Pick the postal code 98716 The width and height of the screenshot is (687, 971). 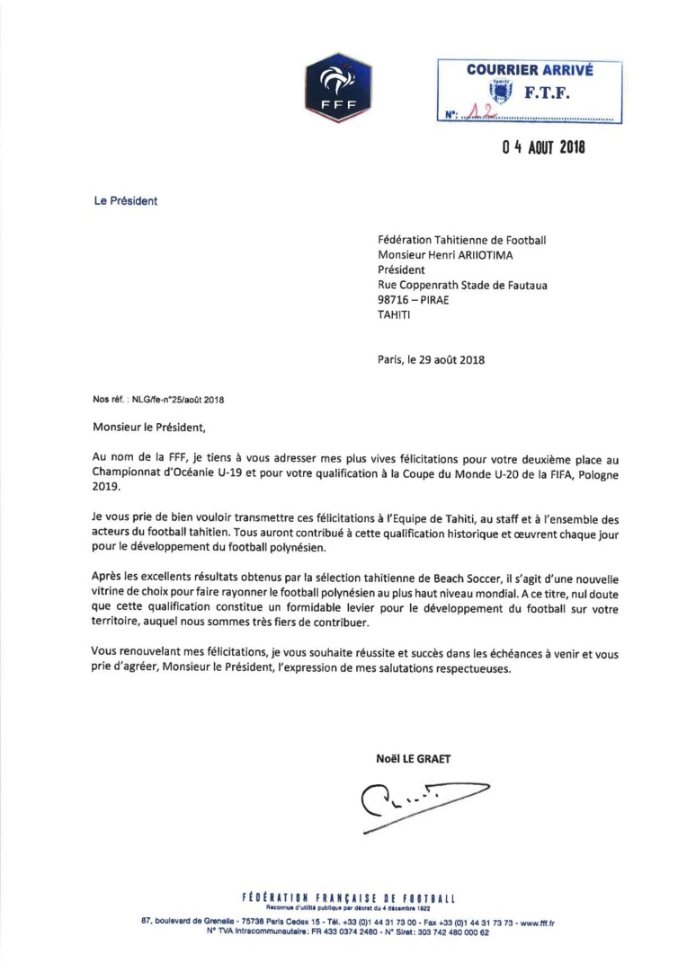pyautogui.click(x=396, y=300)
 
